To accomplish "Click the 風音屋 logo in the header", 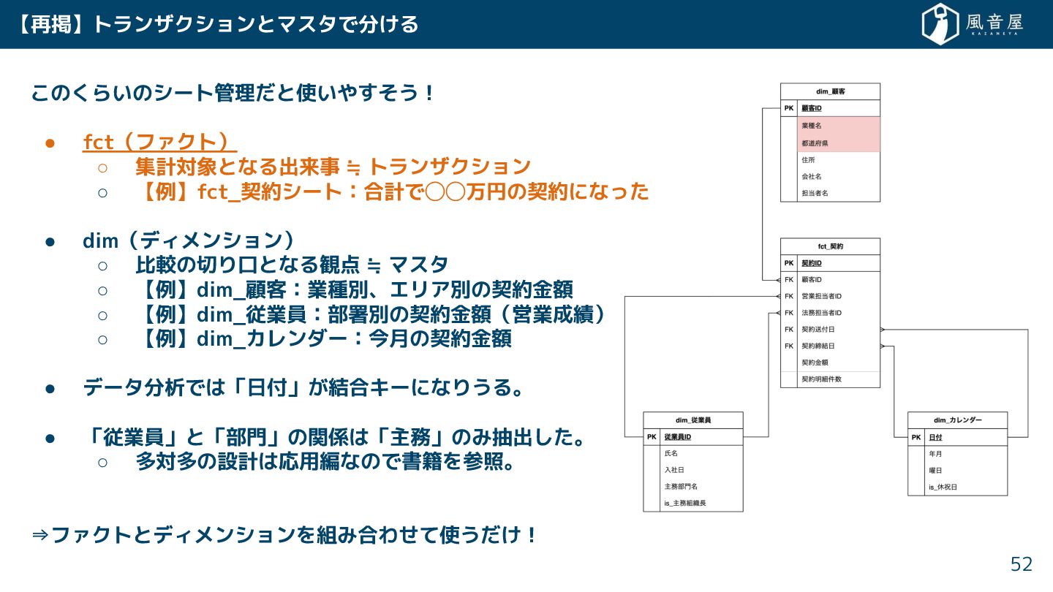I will click(x=972, y=24).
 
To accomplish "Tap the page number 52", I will click(x=1022, y=564).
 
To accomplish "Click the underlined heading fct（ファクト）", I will click(x=159, y=142).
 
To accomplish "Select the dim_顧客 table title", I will click(x=830, y=91).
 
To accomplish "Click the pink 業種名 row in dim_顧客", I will click(x=812, y=126).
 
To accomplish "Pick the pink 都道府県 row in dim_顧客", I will click(x=815, y=143).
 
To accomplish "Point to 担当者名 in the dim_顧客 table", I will click(x=815, y=193).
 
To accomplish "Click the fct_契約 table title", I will click(x=830, y=246).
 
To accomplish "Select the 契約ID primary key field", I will click(x=812, y=263).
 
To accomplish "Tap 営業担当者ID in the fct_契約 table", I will click(x=822, y=296).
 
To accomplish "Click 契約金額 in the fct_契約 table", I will click(x=815, y=363).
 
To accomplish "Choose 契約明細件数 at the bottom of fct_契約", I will click(x=821, y=379).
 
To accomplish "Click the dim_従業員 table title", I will click(x=692, y=420).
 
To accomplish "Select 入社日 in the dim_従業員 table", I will click(x=674, y=470).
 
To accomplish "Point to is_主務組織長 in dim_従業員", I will click(x=685, y=503).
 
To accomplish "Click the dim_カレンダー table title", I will click(x=957, y=420).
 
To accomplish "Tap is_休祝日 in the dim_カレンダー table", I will click(x=943, y=487).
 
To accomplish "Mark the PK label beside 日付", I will click(x=916, y=438).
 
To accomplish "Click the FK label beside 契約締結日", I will click(x=789, y=346).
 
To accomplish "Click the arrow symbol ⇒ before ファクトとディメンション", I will click(x=40, y=536).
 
